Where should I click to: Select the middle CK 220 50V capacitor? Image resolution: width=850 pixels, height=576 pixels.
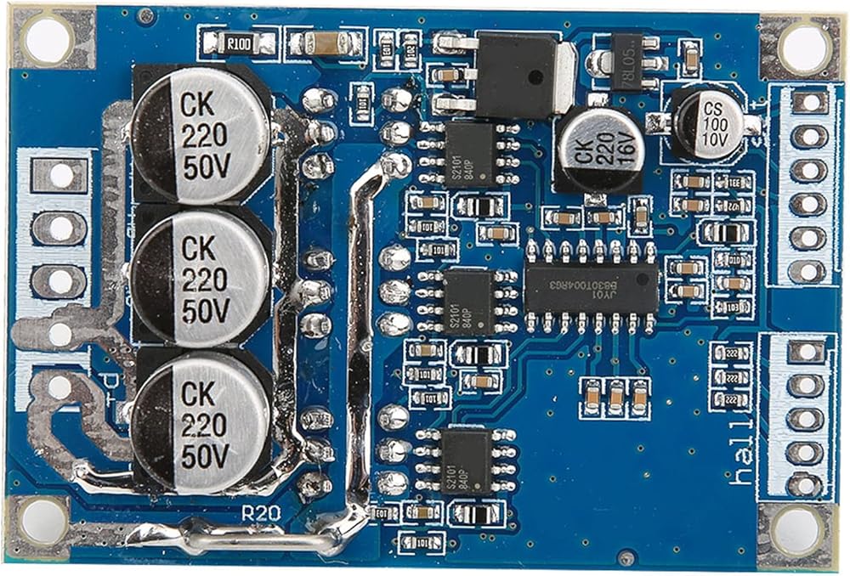click(x=201, y=277)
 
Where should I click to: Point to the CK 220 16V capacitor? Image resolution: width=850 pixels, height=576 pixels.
click(x=600, y=150)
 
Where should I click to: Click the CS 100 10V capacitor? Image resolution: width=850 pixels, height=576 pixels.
click(x=707, y=124)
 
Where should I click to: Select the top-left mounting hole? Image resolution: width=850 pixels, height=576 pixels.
click(x=47, y=38)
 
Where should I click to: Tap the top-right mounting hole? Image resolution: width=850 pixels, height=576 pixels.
click(x=802, y=48)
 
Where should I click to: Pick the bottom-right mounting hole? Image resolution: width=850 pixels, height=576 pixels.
click(x=796, y=528)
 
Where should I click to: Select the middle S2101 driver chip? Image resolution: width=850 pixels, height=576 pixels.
click(x=468, y=302)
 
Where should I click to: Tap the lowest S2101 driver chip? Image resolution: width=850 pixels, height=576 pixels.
click(x=467, y=460)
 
